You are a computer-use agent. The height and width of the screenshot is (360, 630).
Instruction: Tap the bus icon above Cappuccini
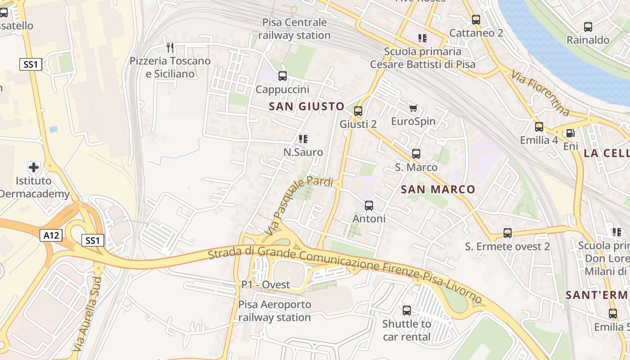[x=283, y=76]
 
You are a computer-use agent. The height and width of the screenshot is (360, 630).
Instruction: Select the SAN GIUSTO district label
[x=306, y=107]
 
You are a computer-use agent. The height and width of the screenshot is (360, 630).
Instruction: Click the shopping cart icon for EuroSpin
[x=414, y=108]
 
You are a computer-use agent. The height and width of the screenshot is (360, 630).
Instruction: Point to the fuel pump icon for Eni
[x=570, y=133]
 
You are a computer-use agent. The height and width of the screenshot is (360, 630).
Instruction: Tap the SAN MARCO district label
[x=438, y=189]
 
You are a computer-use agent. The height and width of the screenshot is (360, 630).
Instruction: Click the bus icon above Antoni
[x=369, y=206]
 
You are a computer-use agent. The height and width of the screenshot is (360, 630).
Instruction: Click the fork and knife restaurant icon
[x=170, y=47]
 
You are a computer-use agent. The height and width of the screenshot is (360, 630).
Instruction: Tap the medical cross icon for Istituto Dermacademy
[x=34, y=167]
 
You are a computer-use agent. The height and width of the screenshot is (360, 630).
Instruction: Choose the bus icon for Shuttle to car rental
[x=407, y=310]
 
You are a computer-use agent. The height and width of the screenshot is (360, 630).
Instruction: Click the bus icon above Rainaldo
[x=588, y=27]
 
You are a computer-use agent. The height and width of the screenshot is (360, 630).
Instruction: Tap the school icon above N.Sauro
[x=303, y=139]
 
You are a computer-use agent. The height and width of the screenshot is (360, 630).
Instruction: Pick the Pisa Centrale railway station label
[x=294, y=29]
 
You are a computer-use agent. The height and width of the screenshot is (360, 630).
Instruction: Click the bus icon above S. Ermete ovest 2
[x=508, y=233]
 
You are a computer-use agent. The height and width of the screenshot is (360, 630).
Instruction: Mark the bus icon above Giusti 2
[x=358, y=111]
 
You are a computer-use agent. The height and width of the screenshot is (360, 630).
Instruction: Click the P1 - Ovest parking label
[x=265, y=285]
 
